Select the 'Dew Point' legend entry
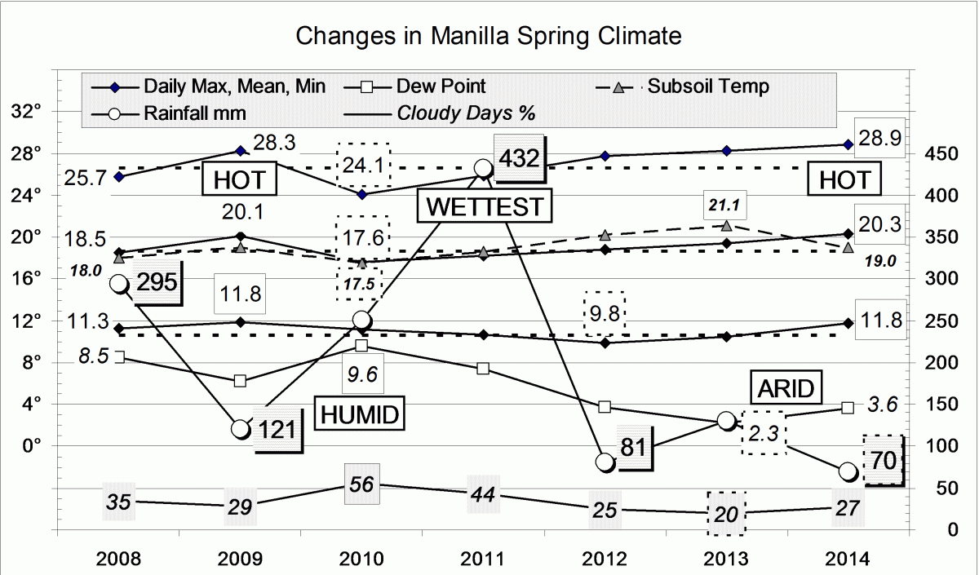(x=441, y=86)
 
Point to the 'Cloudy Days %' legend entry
(x=466, y=113)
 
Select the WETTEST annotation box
(x=485, y=206)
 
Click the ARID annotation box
(x=783, y=388)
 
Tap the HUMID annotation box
(x=359, y=415)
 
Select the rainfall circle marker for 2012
(x=605, y=462)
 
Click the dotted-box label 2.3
(x=764, y=431)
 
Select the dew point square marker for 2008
(x=119, y=356)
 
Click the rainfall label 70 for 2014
(x=884, y=461)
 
